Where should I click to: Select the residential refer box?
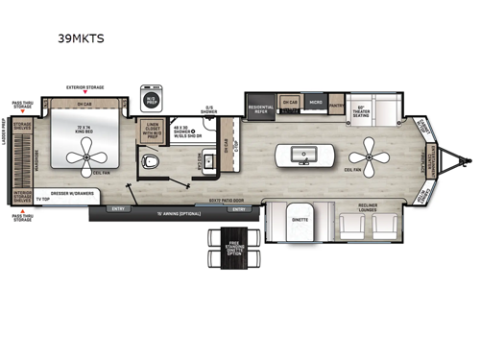click(258, 108)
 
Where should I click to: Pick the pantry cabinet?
click(336, 104)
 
